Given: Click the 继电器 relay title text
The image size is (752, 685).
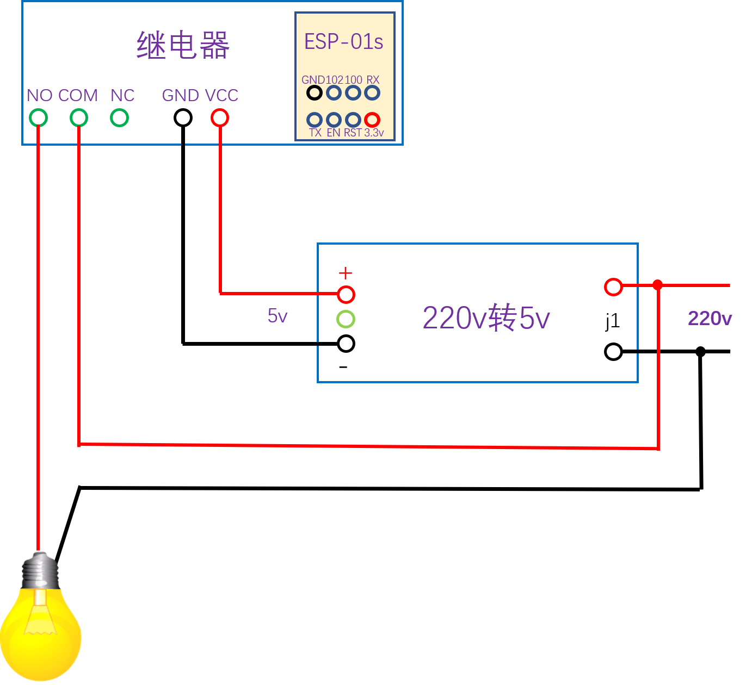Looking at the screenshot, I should (183, 45).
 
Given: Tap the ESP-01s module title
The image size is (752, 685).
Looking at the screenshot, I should (343, 42).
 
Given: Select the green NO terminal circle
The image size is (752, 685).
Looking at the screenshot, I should (38, 117).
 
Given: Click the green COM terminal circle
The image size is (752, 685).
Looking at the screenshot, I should (79, 117).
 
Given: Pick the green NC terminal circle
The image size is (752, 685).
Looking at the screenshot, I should (119, 117).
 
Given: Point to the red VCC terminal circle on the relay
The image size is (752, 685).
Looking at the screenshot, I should (220, 117).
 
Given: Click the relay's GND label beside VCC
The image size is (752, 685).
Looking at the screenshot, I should (181, 96).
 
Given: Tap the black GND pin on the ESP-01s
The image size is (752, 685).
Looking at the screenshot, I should (315, 93).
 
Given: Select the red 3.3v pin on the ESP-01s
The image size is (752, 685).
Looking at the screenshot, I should (372, 120).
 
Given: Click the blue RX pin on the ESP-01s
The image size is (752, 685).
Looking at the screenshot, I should (372, 93).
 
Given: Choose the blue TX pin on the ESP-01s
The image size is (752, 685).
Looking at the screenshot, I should (315, 120).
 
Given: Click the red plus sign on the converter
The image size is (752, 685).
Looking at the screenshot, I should (346, 273).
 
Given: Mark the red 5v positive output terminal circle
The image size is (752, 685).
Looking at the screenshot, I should (346, 295).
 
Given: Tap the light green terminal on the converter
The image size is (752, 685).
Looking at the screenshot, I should (346, 319).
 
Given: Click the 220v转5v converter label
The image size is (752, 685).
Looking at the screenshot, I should (486, 318).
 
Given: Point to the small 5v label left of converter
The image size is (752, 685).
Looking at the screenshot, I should (278, 316).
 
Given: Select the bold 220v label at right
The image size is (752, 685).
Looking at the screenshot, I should (710, 319).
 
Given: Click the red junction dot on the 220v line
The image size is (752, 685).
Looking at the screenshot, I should (658, 285).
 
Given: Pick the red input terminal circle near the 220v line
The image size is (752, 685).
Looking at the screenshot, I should (613, 287).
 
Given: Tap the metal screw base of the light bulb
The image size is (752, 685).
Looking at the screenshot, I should (40, 570).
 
